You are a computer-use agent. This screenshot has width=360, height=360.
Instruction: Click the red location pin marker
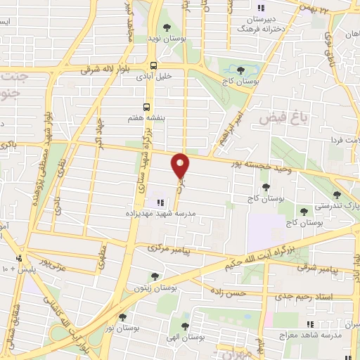point(181,165)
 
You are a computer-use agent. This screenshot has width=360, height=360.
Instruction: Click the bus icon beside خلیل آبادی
point(153,67)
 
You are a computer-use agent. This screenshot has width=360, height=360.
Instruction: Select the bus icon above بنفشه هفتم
point(146,107)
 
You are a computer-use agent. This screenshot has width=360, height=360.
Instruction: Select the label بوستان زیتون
point(157,289)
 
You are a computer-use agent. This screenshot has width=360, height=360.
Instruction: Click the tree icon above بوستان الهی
point(184,326)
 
